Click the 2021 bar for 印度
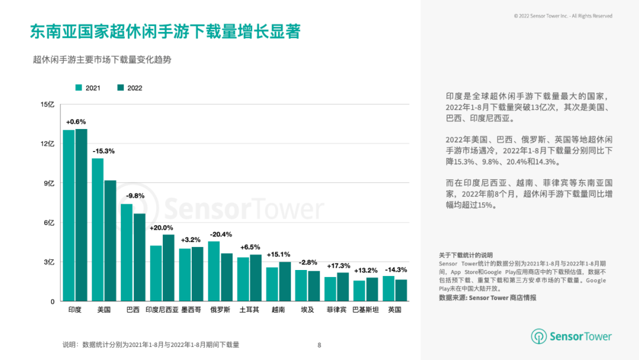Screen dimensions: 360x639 point(69,216)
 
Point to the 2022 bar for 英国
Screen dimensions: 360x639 point(401,290)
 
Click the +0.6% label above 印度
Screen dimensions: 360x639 point(76,121)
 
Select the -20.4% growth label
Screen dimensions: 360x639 point(221,234)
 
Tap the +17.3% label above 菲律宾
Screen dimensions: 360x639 point(337,266)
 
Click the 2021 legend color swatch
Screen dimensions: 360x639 point(79,88)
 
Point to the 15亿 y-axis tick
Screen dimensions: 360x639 point(47,105)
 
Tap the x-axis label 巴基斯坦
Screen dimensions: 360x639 point(365,310)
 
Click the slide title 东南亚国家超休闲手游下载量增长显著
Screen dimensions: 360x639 point(165,31)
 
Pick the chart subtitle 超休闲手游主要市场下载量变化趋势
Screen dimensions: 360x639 point(102,60)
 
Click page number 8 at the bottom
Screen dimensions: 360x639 point(319,345)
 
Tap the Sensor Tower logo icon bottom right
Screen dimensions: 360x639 point(539,337)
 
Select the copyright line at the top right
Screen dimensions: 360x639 point(563,16)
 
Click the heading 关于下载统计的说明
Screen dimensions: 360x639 point(466,255)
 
